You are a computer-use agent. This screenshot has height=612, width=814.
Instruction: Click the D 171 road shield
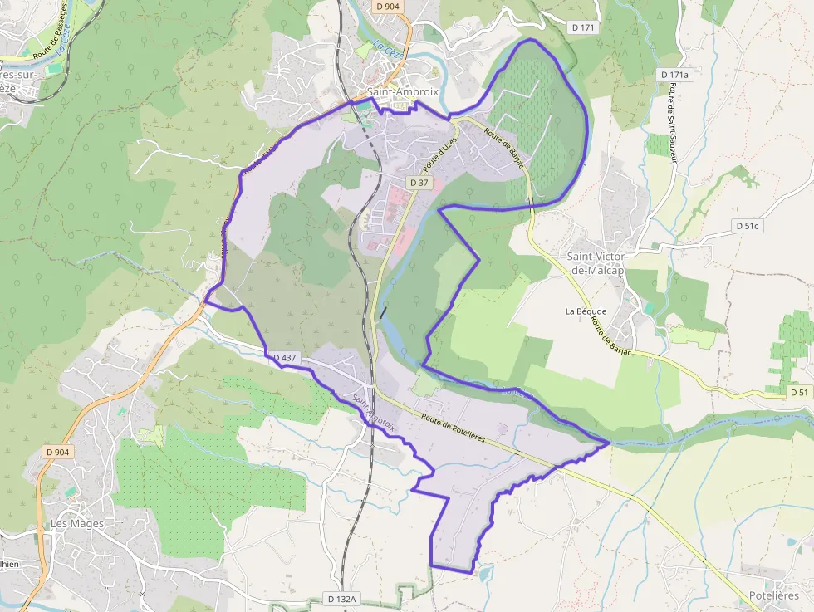click(x=584, y=27)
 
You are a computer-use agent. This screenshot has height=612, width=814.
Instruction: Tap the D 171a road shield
click(x=674, y=75)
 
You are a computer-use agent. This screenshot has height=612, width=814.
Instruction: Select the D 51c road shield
click(x=748, y=225)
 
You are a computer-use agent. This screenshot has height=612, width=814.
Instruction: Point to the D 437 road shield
click(x=283, y=358)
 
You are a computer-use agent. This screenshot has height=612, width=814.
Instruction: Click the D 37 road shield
click(x=419, y=182)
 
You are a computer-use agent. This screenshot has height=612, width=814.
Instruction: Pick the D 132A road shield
click(x=341, y=599)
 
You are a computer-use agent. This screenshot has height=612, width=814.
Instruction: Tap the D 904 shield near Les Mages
click(x=58, y=452)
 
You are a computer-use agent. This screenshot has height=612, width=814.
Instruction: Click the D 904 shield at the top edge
click(x=387, y=6)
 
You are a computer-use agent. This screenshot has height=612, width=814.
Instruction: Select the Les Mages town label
click(x=77, y=524)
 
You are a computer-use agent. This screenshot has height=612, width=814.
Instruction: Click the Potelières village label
click(x=773, y=595)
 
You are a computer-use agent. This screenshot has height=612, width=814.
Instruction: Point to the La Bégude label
click(x=586, y=311)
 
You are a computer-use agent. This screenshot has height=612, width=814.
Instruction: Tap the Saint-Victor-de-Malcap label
click(x=596, y=265)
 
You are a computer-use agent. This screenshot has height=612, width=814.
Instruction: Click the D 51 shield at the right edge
click(x=799, y=392)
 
